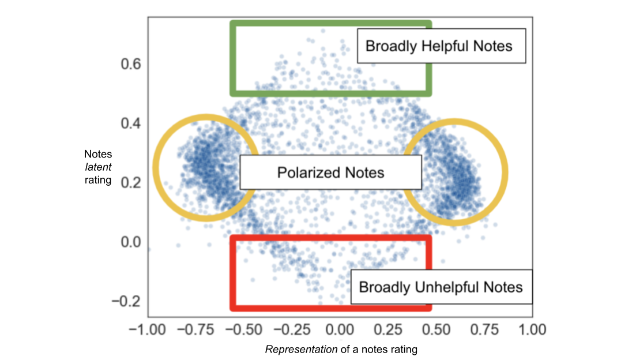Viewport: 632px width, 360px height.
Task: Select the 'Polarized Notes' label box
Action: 330,172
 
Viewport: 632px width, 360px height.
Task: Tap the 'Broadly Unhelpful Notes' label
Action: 441,287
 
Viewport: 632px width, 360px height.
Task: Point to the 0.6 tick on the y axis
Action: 131,63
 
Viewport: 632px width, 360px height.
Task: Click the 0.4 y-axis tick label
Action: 131,123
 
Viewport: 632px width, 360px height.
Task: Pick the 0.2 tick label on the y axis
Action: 131,183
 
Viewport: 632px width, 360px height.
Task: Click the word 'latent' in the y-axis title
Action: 98,166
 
